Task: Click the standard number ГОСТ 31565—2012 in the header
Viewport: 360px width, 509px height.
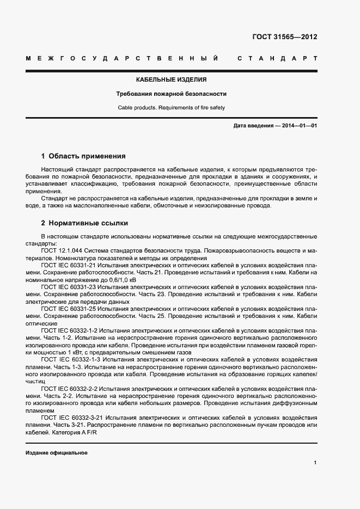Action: [284, 38]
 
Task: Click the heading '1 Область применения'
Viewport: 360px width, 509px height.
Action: [83, 156]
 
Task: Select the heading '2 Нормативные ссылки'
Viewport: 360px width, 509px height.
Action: [84, 223]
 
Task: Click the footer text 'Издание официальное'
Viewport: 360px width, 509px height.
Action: [57, 453]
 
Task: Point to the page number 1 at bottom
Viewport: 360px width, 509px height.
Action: [315, 463]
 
